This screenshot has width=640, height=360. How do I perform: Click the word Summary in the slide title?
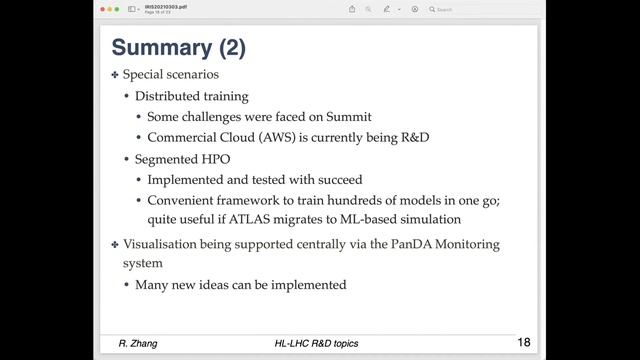click(161, 47)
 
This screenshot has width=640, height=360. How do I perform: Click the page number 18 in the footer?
click(524, 343)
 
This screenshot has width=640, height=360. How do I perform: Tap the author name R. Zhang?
click(140, 344)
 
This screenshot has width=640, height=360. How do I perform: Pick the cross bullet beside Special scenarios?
click(115, 75)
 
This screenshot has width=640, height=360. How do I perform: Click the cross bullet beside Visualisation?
click(115, 244)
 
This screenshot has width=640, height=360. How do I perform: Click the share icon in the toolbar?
click(352, 9)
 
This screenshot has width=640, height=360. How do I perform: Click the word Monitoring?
click(485, 244)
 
